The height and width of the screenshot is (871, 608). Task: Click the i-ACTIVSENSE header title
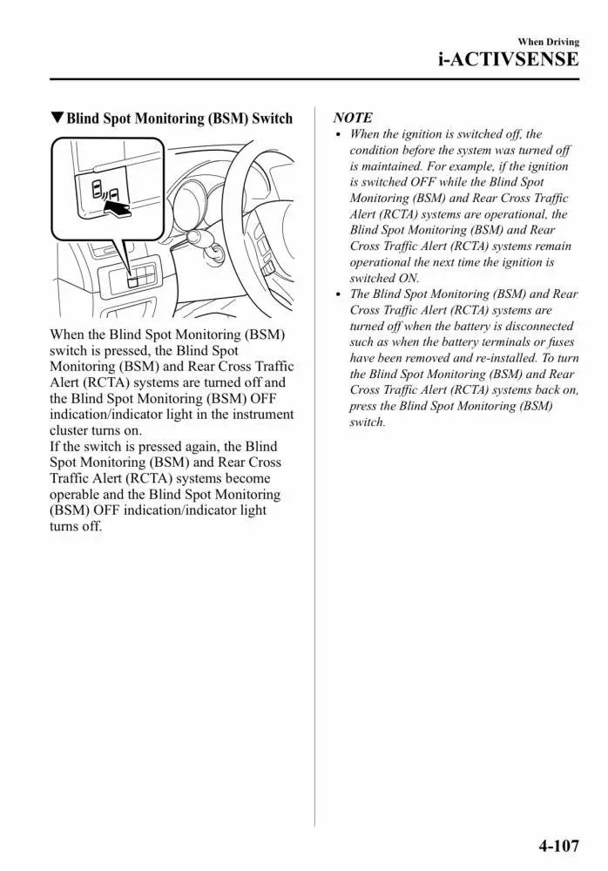pos(508,59)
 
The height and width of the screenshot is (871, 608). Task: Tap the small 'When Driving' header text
pos(548,42)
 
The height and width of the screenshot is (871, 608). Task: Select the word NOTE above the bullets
pos(353,118)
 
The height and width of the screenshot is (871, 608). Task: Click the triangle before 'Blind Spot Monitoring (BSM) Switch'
pos(57,118)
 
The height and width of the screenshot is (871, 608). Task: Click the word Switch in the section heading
pos(272,118)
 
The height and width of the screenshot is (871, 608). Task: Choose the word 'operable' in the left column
pos(77,495)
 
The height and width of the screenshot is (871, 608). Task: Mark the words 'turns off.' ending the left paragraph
pos(76,527)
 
